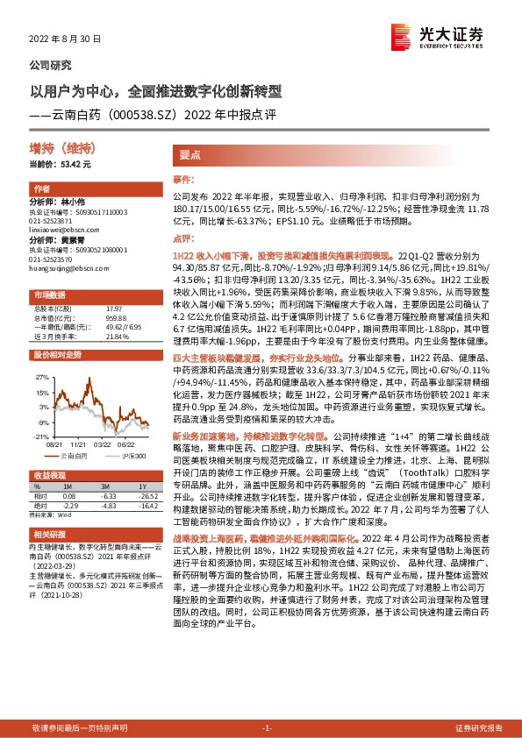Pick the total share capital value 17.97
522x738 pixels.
point(112,308)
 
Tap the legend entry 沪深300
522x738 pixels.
point(131,457)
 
